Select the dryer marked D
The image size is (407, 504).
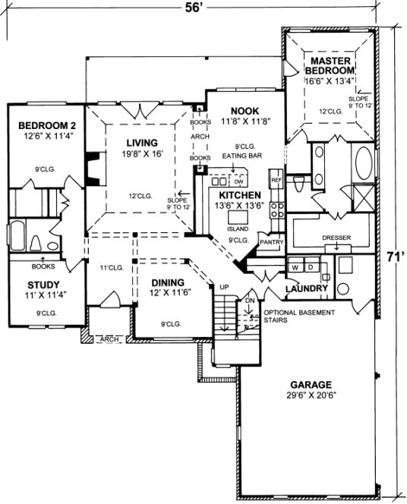(310, 268)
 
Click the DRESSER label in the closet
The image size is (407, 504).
(336, 238)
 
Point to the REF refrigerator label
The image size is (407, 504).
(276, 180)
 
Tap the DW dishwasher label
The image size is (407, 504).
(238, 182)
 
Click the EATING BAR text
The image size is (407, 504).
(239, 156)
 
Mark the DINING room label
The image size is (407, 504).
(166, 282)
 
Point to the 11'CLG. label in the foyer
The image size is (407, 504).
(112, 267)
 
